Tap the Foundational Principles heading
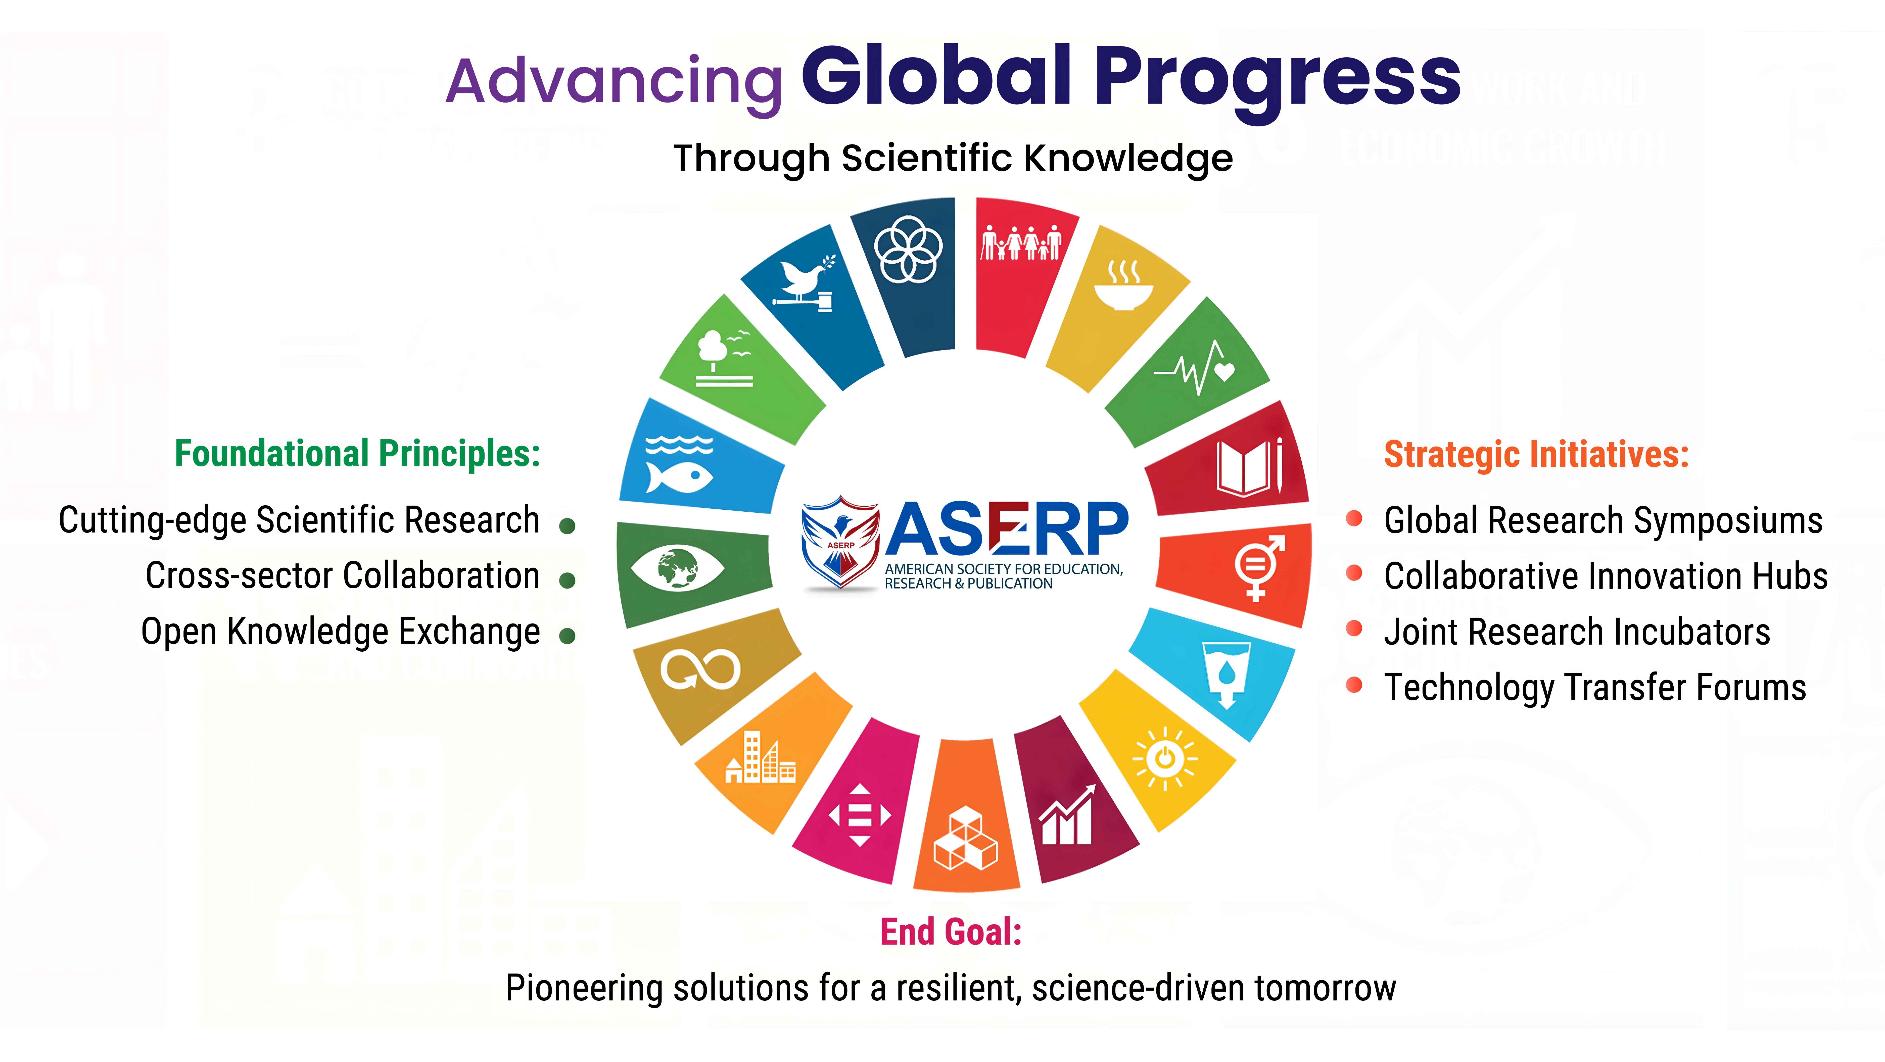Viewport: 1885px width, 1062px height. pyautogui.click(x=357, y=454)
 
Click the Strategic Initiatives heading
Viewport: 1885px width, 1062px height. pyautogui.click(x=1536, y=455)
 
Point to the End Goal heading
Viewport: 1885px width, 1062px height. pyautogui.click(x=951, y=932)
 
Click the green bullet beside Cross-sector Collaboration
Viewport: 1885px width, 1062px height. pyautogui.click(x=567, y=581)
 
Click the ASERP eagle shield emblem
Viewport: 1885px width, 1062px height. pyautogui.click(x=840, y=542)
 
